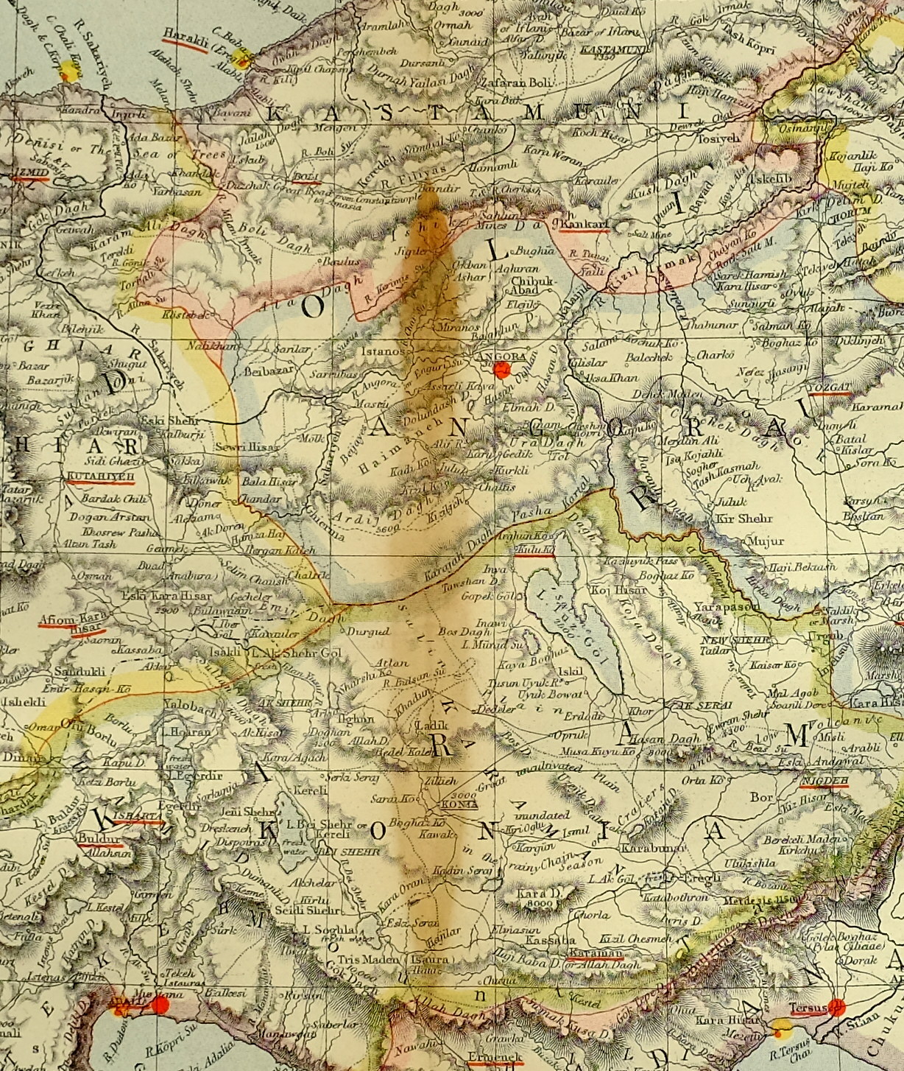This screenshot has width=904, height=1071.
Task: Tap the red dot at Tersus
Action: pyautogui.click(x=836, y=1006)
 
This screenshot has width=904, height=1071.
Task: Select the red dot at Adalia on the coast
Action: pyautogui.click(x=161, y=1005)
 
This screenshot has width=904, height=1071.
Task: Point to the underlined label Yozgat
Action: pyautogui.click(x=829, y=387)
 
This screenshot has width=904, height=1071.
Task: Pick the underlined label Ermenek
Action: pyautogui.click(x=495, y=1057)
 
